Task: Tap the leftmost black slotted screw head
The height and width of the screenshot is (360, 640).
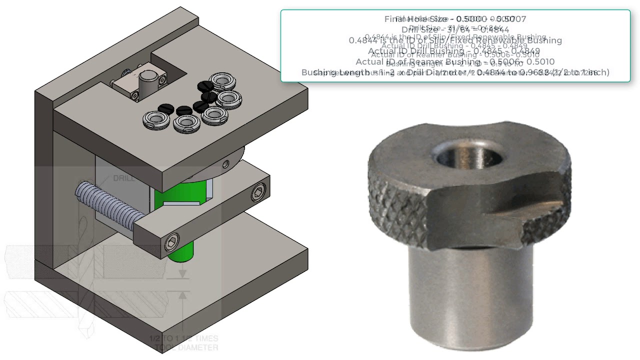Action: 165,108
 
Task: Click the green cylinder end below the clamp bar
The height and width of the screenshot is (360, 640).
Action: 181,252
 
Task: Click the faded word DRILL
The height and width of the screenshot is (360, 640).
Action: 123,178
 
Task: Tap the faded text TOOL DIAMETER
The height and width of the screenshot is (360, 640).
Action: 186,347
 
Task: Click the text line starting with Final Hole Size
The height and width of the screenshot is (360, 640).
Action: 455,19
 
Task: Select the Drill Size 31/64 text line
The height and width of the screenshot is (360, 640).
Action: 455,30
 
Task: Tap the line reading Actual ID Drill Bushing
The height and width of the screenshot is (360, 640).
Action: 454,51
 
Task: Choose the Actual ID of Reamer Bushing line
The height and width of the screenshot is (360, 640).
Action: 455,62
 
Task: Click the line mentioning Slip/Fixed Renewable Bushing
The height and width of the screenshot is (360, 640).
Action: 455,40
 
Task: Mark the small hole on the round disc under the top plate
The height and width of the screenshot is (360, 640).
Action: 226,163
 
